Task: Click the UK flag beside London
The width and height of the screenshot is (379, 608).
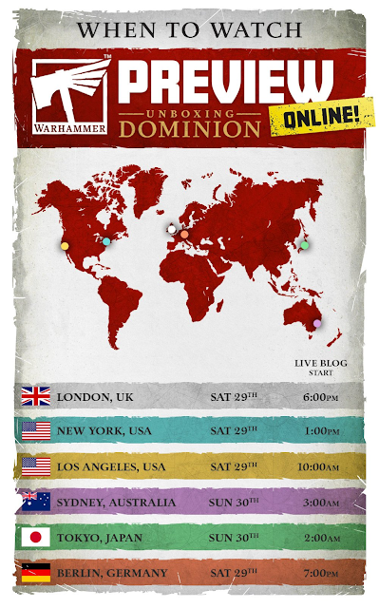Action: (36, 396)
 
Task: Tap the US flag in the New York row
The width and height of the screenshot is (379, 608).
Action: (36, 431)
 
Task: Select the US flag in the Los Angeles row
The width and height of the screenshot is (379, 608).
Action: (36, 466)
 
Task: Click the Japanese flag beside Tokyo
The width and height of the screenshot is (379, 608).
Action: (36, 538)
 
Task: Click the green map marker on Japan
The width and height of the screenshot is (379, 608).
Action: (304, 244)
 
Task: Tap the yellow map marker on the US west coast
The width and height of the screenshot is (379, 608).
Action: (65, 246)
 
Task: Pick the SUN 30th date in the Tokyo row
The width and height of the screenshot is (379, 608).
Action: (234, 538)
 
